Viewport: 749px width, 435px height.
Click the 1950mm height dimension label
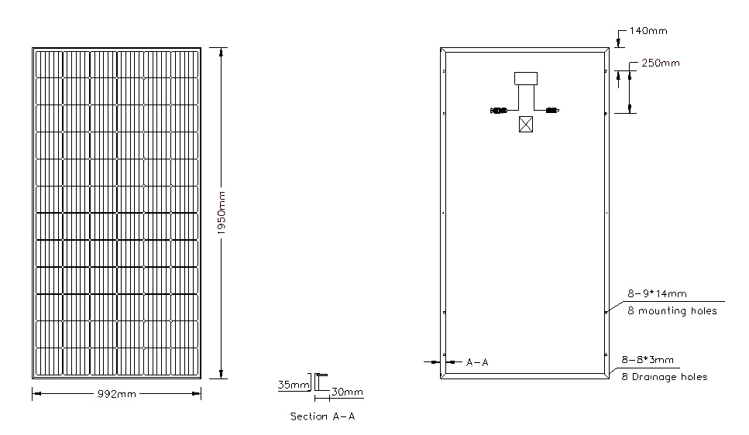(222, 213)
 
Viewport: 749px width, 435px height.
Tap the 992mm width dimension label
(117, 394)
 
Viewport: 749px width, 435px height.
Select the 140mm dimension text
(648, 30)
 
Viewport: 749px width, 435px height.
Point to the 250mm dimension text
(661, 63)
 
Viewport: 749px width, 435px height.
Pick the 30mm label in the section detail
(347, 392)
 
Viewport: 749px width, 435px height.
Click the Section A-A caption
(323, 416)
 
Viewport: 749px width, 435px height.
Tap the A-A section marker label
(477, 362)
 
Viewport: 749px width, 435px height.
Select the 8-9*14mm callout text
(657, 293)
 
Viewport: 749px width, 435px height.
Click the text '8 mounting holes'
(672, 311)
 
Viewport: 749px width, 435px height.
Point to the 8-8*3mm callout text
(648, 360)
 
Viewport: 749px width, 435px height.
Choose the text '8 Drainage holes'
(665, 377)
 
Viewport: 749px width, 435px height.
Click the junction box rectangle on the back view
(525, 78)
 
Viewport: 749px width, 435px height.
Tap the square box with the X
(525, 125)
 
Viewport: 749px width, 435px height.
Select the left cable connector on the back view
(498, 111)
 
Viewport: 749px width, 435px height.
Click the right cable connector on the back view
(552, 111)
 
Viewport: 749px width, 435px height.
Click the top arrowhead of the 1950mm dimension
(221, 53)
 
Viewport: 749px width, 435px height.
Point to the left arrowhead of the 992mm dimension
(37, 394)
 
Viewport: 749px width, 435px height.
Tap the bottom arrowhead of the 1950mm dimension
(221, 374)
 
